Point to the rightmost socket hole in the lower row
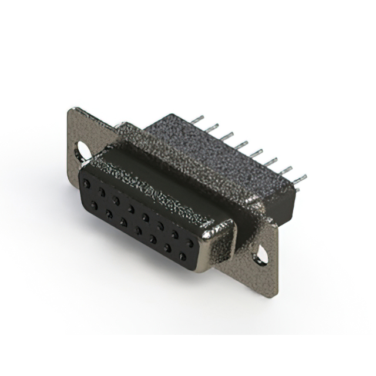[x=183, y=257]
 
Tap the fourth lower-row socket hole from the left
[x=139, y=231]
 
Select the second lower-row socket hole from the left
[x=109, y=214]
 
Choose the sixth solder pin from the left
[x=271, y=160]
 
